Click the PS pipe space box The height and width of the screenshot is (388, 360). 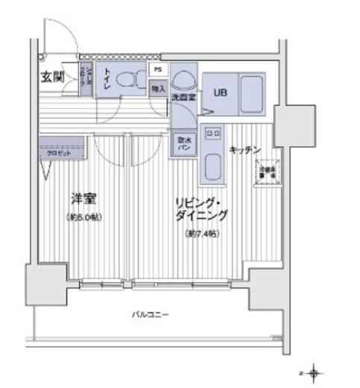click(x=157, y=69)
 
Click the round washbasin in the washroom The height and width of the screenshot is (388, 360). click(x=183, y=81)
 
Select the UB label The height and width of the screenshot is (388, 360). click(x=221, y=93)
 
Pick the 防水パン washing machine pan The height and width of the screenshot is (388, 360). click(x=184, y=142)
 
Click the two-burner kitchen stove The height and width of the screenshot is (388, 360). click(x=213, y=134)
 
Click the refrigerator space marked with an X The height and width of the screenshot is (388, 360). click(x=267, y=171)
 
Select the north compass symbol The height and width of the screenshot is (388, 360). click(x=315, y=370)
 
